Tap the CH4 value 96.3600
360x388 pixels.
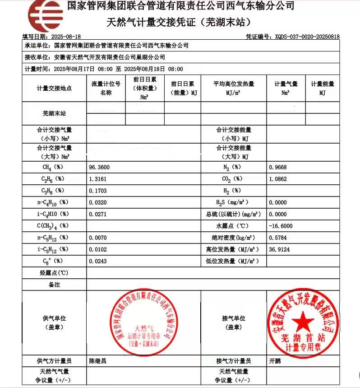coord(100,167)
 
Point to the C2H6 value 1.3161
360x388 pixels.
coord(98,179)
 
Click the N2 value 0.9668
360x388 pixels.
coord(277,167)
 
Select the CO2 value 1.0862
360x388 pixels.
coord(277,179)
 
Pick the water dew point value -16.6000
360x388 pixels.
coord(280,226)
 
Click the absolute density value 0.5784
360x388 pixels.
coord(277,238)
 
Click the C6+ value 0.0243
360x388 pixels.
coord(98,261)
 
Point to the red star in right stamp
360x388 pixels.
coord(303,322)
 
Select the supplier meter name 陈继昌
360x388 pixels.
coord(98,361)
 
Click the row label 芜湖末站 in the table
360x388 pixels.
coord(54,113)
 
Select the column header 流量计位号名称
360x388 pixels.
coord(106,88)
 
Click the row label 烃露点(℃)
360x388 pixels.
coord(54,273)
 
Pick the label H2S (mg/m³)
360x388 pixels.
coord(232,202)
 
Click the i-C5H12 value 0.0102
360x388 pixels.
coord(98,249)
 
